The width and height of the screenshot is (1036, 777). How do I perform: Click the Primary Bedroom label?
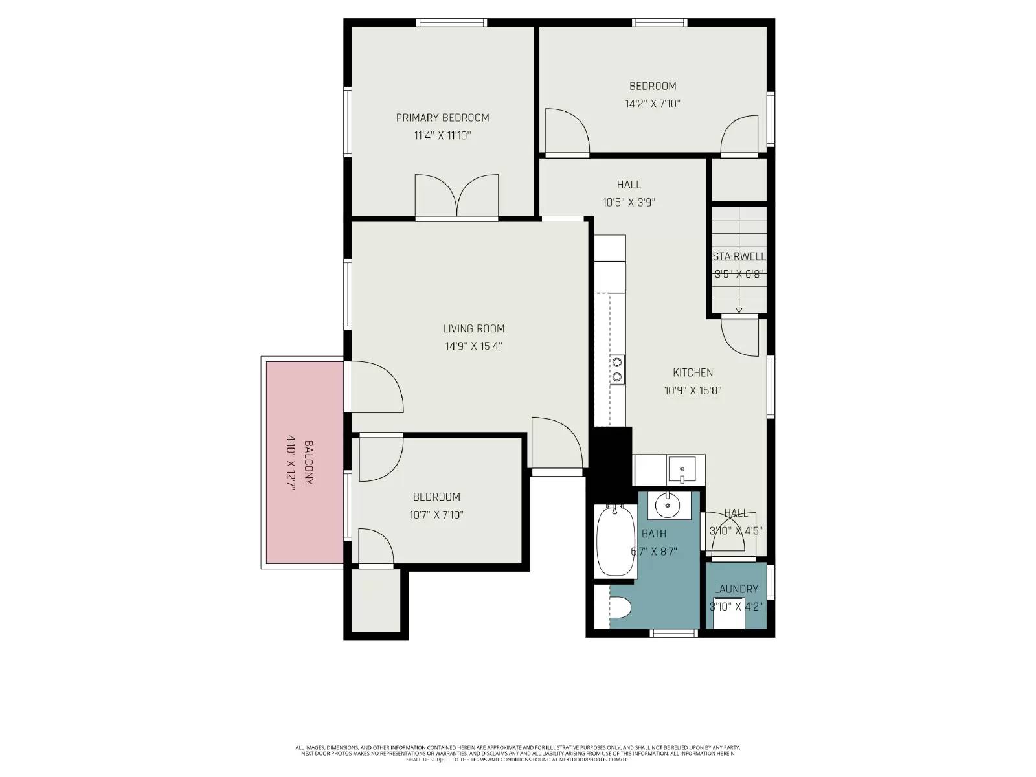tap(442, 118)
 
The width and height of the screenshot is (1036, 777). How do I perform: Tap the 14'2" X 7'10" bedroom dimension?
tap(653, 104)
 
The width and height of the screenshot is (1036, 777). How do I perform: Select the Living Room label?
tap(473, 328)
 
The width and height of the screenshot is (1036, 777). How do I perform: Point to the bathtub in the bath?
tap(616, 541)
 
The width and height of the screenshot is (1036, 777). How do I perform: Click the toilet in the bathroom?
tap(620, 609)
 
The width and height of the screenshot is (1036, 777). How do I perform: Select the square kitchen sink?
tap(682, 469)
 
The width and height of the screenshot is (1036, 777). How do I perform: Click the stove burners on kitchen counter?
tap(617, 369)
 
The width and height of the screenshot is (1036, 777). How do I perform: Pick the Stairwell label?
tap(739, 256)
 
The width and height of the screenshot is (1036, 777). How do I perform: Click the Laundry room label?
tap(736, 589)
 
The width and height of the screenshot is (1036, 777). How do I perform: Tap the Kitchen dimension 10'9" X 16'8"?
tap(693, 390)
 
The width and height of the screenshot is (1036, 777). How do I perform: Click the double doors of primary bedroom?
tap(456, 196)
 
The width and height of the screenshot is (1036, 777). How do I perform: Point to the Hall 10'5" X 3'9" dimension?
tap(629, 202)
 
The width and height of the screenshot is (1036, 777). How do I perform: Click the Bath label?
tap(653, 534)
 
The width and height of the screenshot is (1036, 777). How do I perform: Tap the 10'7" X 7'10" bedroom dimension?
tap(436, 515)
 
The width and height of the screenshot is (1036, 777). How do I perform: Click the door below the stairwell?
tap(739, 335)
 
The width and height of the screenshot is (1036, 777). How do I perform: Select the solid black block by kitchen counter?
tap(612, 456)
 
